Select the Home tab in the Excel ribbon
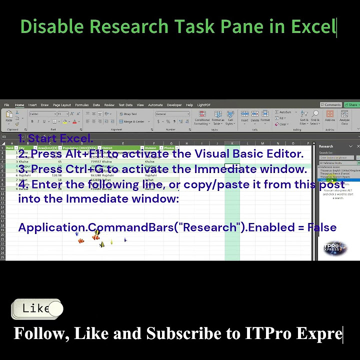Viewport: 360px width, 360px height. (x=19, y=105)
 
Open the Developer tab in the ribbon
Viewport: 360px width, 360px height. (x=174, y=105)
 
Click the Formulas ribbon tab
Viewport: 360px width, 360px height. (x=81, y=105)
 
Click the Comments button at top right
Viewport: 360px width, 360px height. (x=332, y=105)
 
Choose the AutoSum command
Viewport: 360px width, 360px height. (x=283, y=112)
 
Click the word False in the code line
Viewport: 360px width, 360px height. (x=322, y=227)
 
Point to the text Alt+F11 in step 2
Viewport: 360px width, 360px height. (x=85, y=154)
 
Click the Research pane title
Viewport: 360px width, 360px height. (x=326, y=146)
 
